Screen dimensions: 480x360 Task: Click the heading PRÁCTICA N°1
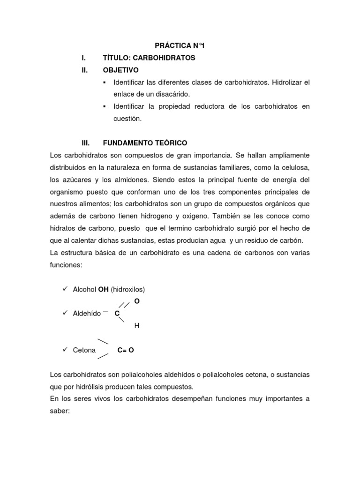pyautogui.click(x=180, y=45)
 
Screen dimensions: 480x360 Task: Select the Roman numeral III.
pyautogui.click(x=86, y=142)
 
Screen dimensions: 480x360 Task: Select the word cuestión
pyautogui.click(x=127, y=119)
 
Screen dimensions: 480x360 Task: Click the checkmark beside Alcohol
pyautogui.click(x=65, y=289)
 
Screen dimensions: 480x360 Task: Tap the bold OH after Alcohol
pyautogui.click(x=103, y=290)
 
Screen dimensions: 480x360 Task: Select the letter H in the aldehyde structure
pyautogui.click(x=137, y=325)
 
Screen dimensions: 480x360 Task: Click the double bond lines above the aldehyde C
pyautogui.click(x=124, y=305)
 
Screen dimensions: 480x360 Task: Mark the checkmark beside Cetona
pyautogui.click(x=65, y=350)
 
